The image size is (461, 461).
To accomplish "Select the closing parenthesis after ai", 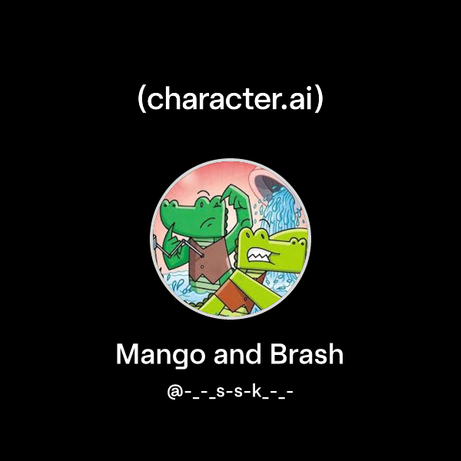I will pos(318,100).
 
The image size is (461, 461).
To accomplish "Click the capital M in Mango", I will pos(127,354).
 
